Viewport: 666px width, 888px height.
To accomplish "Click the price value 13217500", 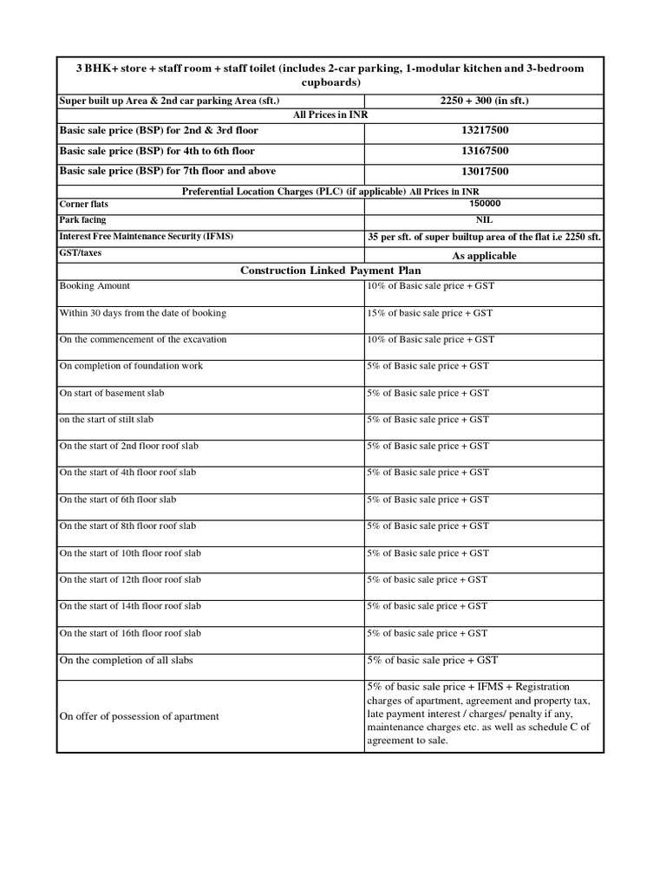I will [x=485, y=130].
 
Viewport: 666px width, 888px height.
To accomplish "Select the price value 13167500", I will [x=485, y=151].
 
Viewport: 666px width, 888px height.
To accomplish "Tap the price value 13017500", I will [x=485, y=172].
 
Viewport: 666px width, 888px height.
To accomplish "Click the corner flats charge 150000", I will [x=485, y=204].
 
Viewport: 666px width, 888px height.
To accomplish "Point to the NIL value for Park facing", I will [x=485, y=220].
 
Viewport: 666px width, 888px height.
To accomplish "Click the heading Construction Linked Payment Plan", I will [x=330, y=271].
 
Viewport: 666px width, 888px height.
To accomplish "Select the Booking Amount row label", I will [x=95, y=286].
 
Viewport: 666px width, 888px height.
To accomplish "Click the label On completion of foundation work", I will [x=131, y=366].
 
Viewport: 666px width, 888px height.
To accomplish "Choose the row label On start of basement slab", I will [x=111, y=393].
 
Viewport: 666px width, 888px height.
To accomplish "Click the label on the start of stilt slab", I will [x=106, y=420].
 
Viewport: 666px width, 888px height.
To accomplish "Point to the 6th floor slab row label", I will [x=117, y=499].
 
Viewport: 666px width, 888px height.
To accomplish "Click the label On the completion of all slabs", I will [x=126, y=661].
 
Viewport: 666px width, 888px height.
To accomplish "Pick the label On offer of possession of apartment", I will [x=139, y=716].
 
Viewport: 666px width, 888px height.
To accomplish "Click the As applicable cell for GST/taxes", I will [x=485, y=256].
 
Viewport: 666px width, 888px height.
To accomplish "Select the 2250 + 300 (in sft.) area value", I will [x=485, y=101].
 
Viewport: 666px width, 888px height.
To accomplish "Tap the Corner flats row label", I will [x=84, y=204].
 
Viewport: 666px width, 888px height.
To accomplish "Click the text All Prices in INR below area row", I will [x=330, y=114].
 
